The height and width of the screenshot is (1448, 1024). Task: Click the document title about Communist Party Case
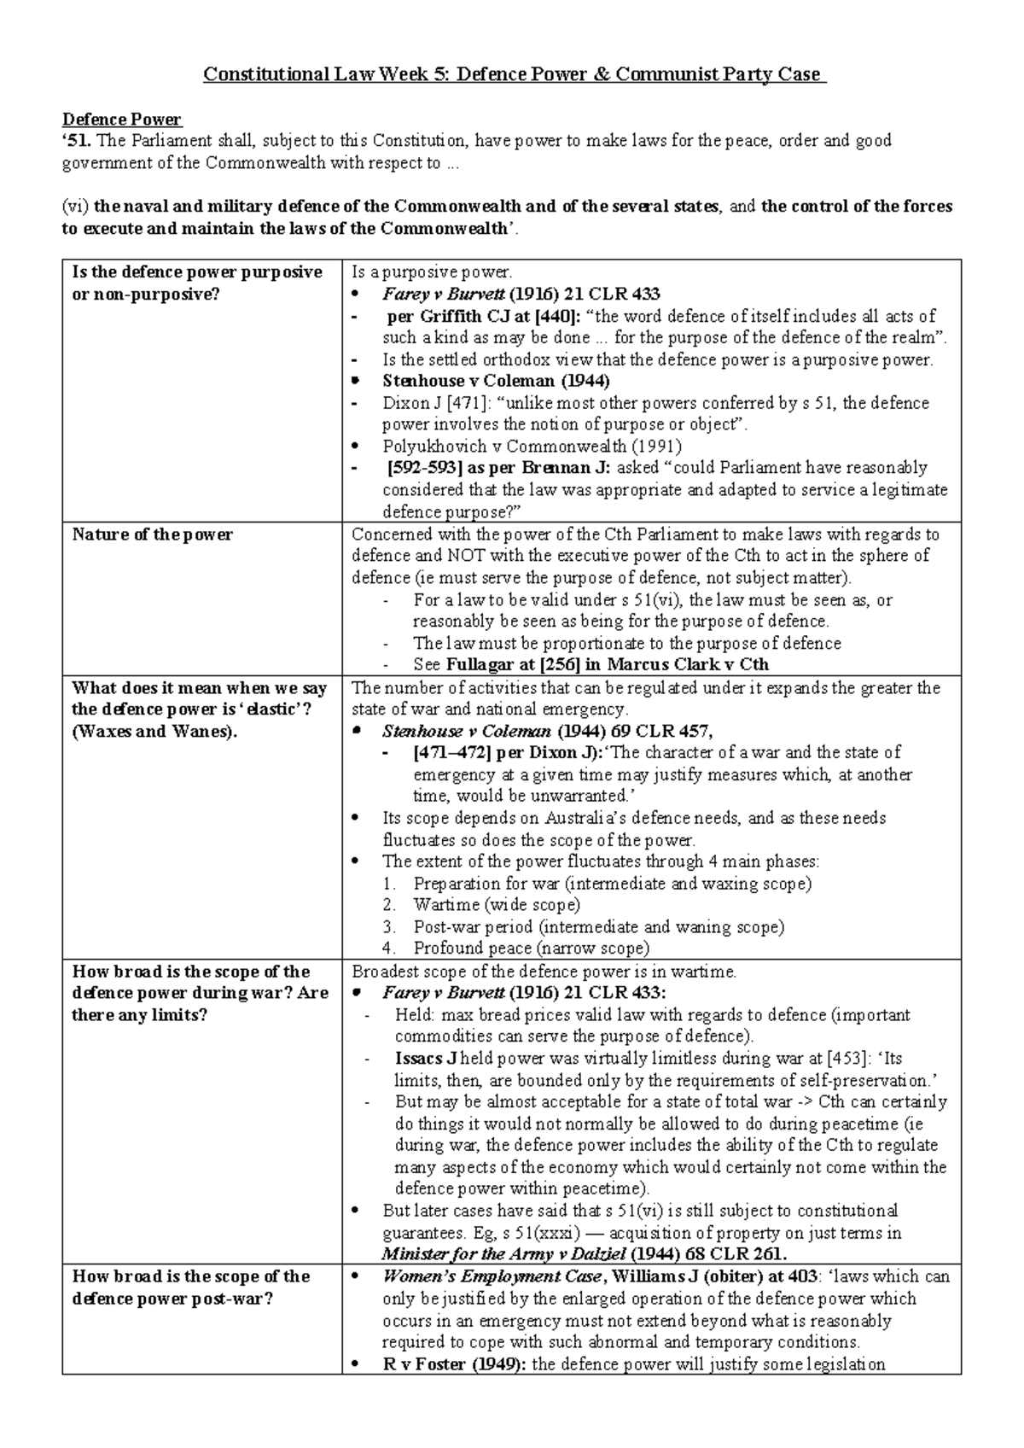click(515, 74)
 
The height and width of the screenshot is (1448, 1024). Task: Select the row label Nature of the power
click(152, 534)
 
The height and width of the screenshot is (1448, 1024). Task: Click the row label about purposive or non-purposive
click(197, 283)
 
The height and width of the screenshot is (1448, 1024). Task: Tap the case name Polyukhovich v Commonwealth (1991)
click(532, 446)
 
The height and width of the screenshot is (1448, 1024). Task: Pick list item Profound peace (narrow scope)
click(531, 948)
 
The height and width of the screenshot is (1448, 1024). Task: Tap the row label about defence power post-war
click(190, 1287)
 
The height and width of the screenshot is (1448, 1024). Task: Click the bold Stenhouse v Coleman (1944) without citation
click(496, 381)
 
